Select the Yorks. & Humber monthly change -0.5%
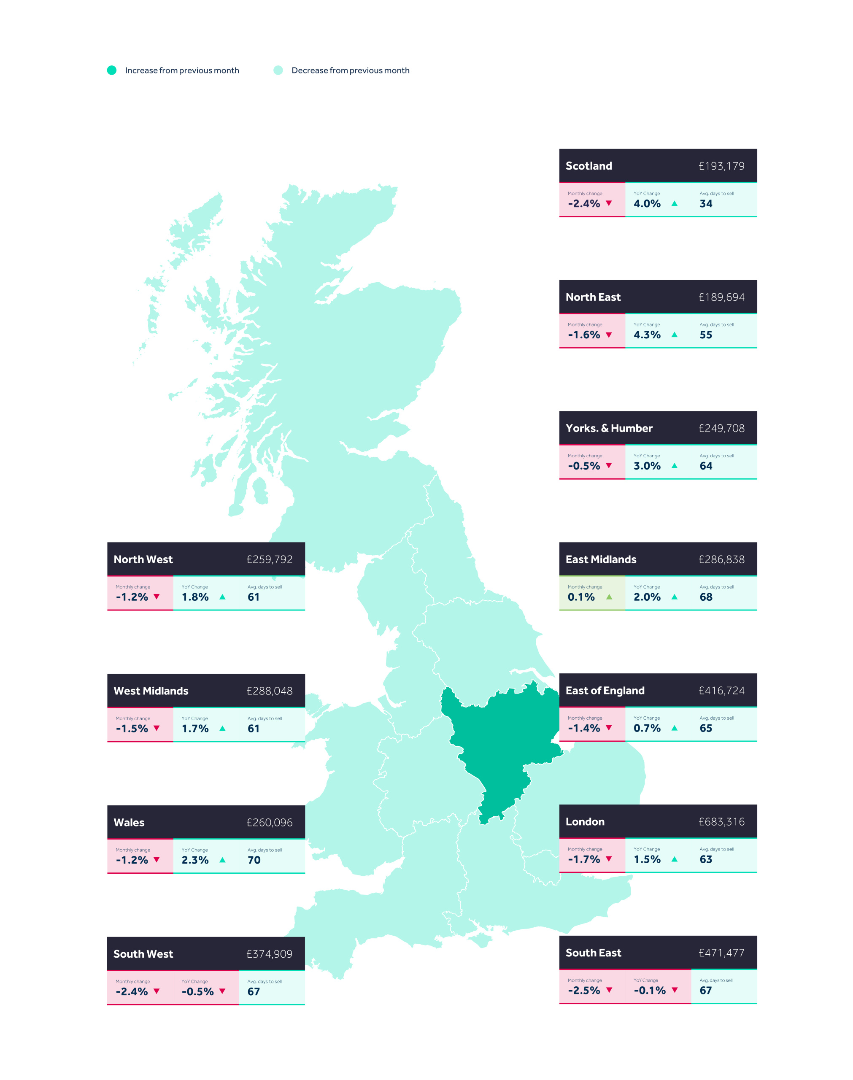584,466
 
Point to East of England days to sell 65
706,728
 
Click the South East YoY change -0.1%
649,991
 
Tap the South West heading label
143,954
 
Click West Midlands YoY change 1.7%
195,729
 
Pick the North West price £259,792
269,560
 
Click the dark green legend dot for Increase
112,70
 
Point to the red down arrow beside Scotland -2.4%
609,203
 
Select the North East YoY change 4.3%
647,335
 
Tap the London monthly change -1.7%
584,859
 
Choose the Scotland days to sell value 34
706,204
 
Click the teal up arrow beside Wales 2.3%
222,860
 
